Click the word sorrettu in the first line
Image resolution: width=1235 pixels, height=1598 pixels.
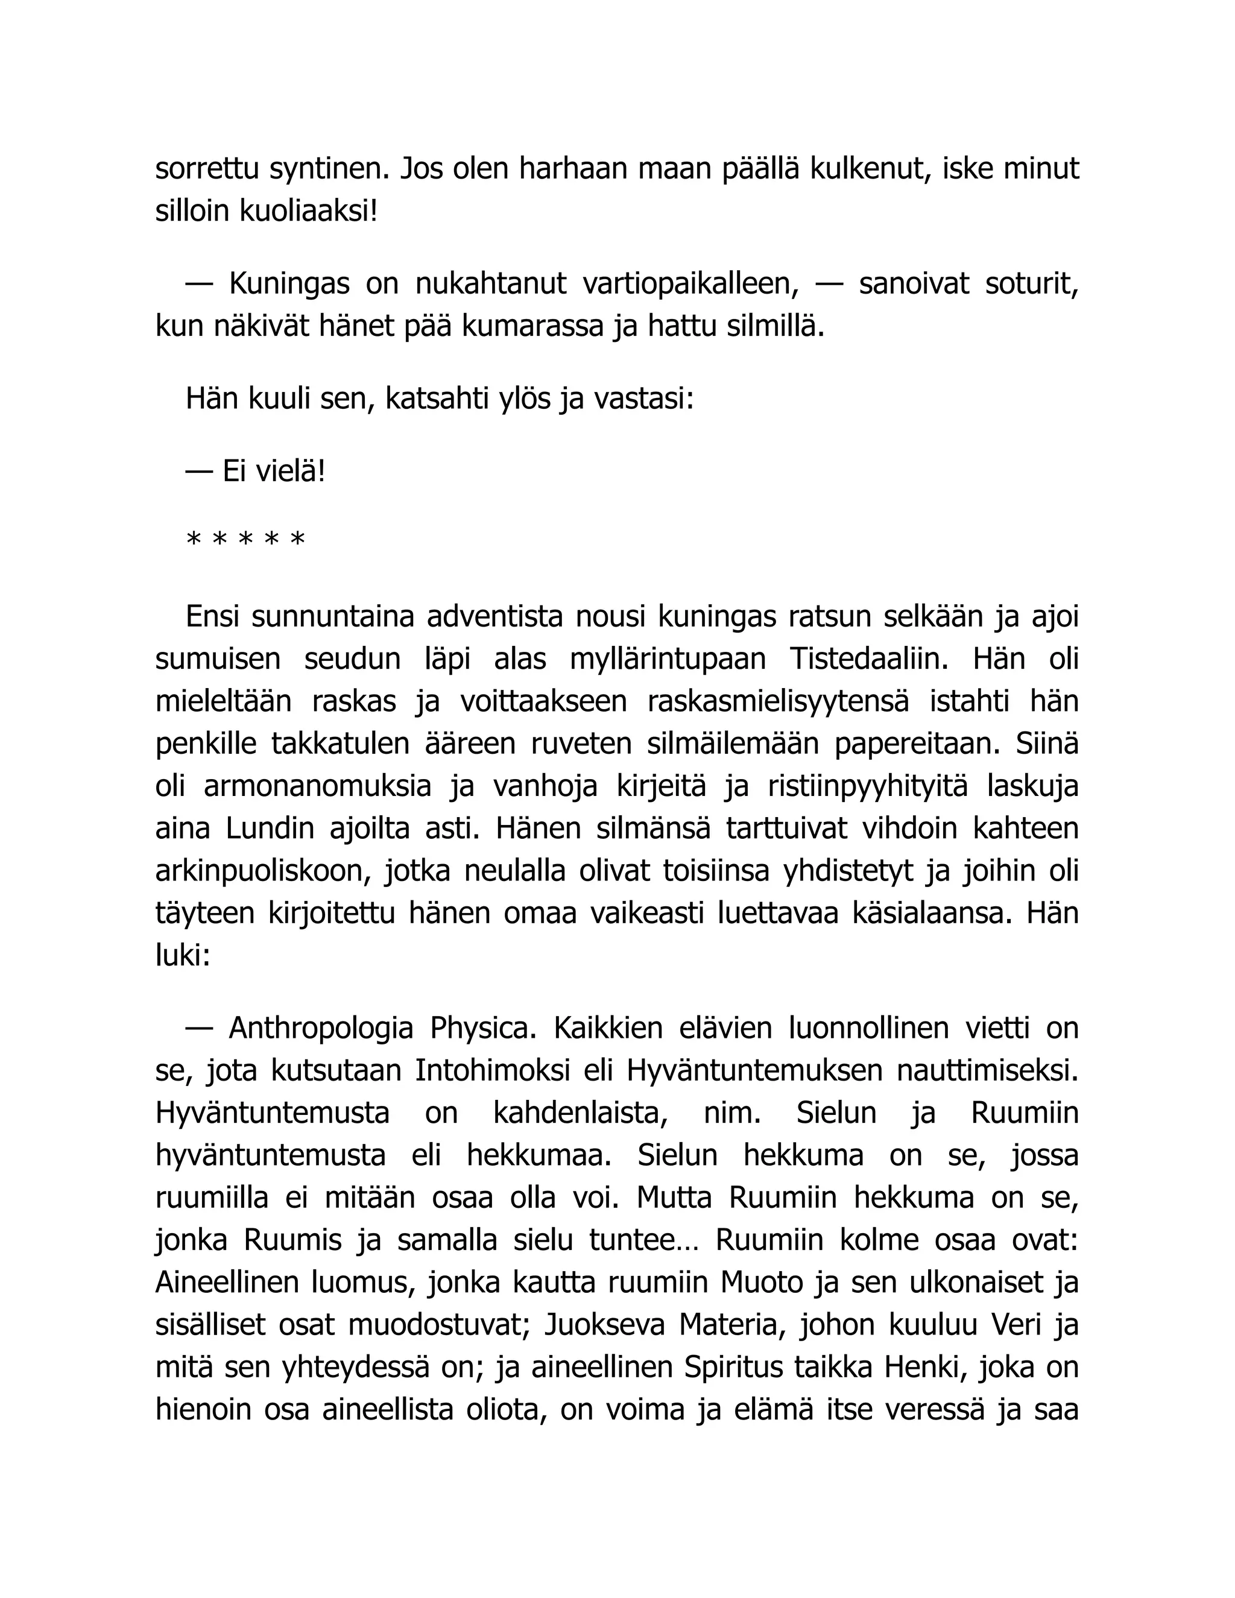(207, 169)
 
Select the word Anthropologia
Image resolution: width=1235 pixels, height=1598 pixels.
(321, 1028)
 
